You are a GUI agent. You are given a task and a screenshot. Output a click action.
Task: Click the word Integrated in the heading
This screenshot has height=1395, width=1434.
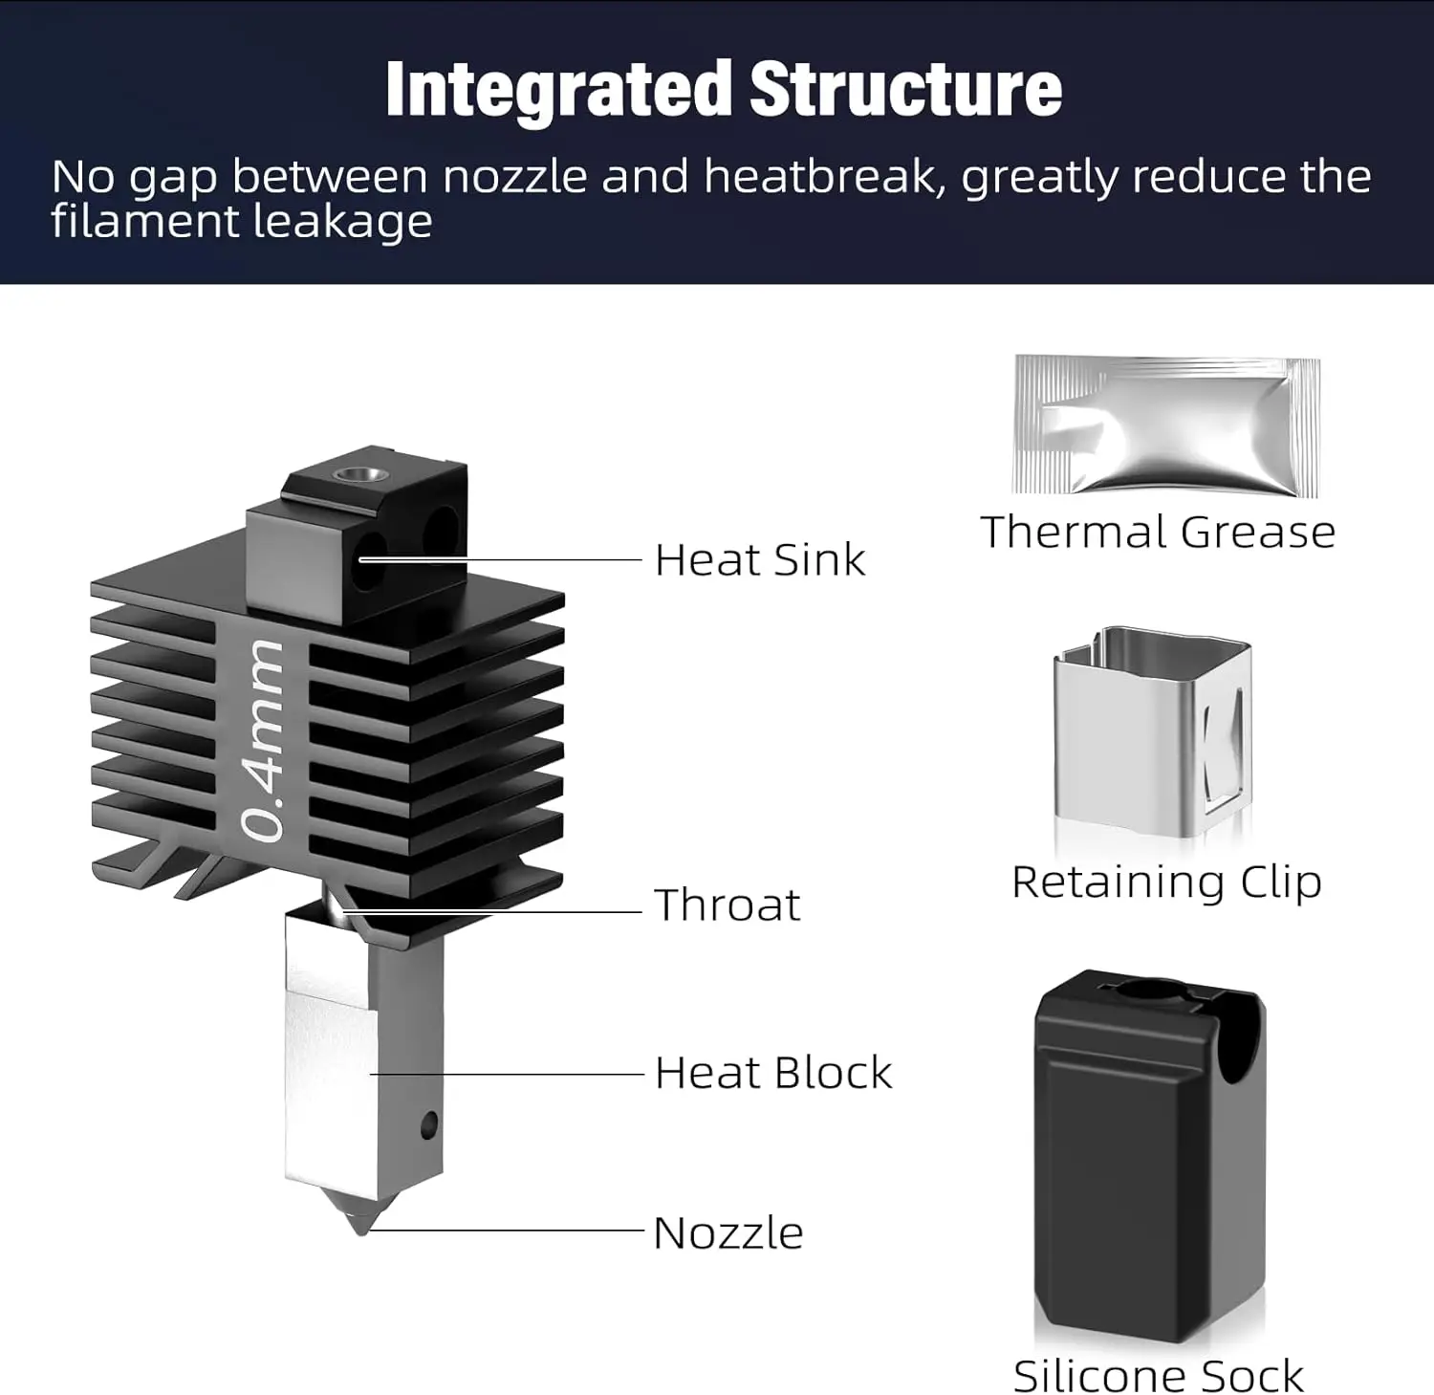pyautogui.click(x=559, y=90)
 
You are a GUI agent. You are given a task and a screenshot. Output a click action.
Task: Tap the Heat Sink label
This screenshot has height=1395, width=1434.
pyautogui.click(x=760, y=560)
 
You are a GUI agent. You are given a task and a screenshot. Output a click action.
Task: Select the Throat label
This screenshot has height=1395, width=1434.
pyautogui.click(x=728, y=905)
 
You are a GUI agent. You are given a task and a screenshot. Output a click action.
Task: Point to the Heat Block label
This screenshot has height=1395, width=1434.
pyautogui.click(x=773, y=1073)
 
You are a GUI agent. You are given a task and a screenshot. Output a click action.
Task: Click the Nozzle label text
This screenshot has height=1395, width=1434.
pyautogui.click(x=728, y=1233)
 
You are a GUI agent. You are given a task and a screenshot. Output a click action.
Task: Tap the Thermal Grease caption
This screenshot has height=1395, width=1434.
pyautogui.click(x=1158, y=533)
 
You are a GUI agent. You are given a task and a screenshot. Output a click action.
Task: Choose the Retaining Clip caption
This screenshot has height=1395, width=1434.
pyautogui.click(x=1166, y=883)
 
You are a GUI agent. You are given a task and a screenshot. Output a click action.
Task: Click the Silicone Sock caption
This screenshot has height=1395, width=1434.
pyautogui.click(x=1159, y=1377)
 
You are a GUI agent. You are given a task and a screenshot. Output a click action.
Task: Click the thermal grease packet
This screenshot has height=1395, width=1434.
pyautogui.click(x=1166, y=425)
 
